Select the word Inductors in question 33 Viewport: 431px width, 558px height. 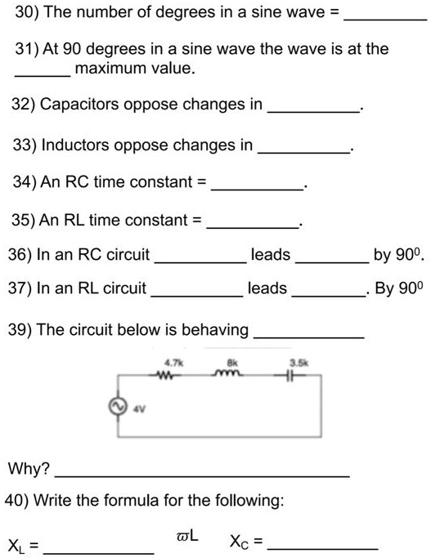tap(73, 145)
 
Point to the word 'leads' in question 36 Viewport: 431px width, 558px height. tap(270, 255)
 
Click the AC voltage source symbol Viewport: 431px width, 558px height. tap(119, 407)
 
